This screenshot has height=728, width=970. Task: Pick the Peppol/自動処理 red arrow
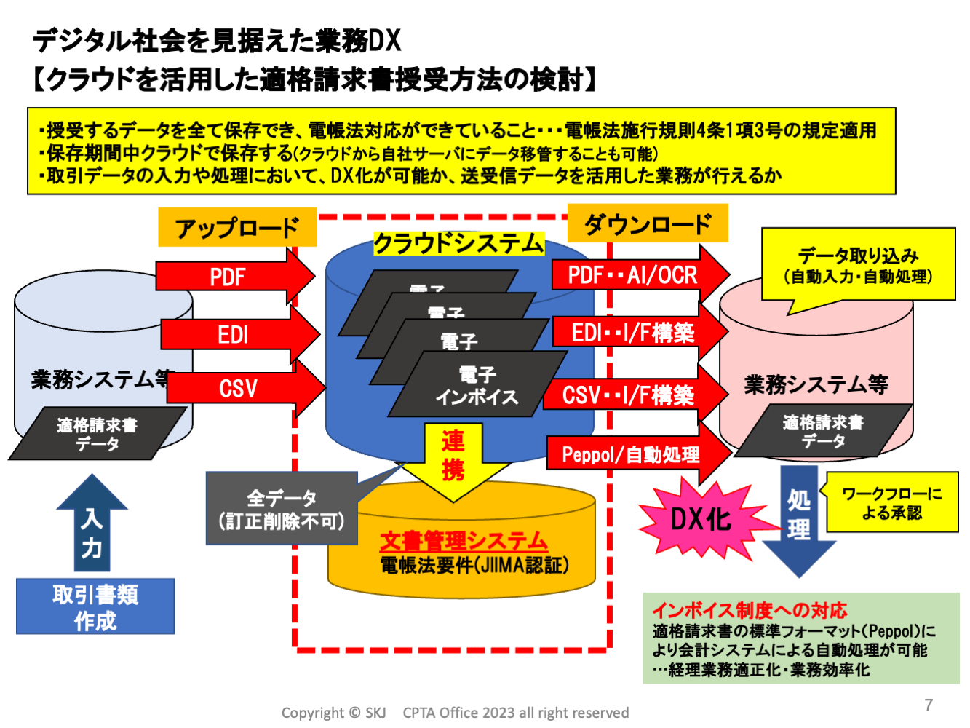tap(633, 454)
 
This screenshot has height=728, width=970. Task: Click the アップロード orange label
tap(237, 228)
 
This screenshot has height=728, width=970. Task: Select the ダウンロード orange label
tap(647, 223)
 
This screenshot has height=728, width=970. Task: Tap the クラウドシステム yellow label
tap(458, 243)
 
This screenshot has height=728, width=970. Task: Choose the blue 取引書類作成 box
tap(95, 606)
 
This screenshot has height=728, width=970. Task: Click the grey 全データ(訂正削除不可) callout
tap(282, 509)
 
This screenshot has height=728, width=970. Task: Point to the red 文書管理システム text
tap(464, 540)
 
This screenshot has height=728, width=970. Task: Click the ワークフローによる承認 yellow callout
tap(892, 502)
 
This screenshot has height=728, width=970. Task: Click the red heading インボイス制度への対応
tap(750, 609)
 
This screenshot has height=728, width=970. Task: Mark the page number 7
tap(929, 704)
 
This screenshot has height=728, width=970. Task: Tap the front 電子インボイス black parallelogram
tap(477, 385)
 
